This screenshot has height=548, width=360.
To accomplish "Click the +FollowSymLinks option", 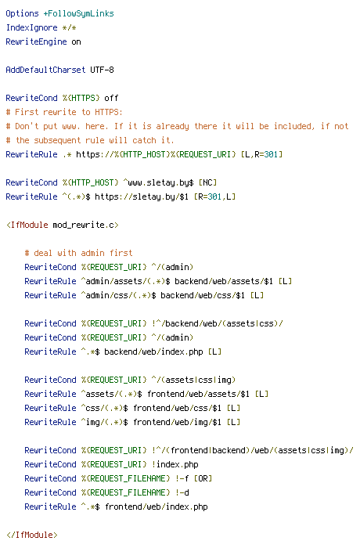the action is (78, 13).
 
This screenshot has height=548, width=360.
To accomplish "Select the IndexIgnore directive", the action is (32, 27).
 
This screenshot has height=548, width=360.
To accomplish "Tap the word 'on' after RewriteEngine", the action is (76, 42).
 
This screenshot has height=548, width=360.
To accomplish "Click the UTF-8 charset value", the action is (102, 70).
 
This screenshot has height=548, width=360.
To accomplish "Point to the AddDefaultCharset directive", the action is (46, 70).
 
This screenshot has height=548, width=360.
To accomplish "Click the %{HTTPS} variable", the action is (81, 98).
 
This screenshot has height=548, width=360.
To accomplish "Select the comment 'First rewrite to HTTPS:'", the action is (69, 112).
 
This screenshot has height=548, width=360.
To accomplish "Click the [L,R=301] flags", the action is (262, 154).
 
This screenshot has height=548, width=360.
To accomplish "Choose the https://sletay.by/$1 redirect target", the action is (142, 196).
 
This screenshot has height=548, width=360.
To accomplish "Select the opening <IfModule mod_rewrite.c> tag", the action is (63, 225).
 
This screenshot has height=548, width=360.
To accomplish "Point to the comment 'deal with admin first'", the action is (78, 253).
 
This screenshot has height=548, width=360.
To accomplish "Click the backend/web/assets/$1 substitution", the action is (224, 281).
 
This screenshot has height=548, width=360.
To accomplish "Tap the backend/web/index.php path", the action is (154, 352).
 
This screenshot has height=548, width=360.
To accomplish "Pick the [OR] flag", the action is (203, 478).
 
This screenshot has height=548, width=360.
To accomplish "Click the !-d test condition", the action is (182, 492).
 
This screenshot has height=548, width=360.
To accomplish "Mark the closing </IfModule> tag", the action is (32, 535).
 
